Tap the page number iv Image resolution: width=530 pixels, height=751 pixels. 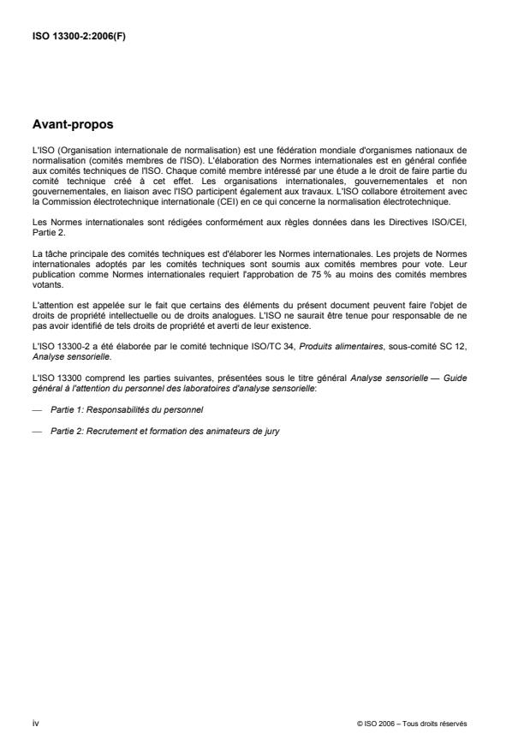(x=35, y=724)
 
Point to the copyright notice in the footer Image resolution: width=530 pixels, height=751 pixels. (x=412, y=724)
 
